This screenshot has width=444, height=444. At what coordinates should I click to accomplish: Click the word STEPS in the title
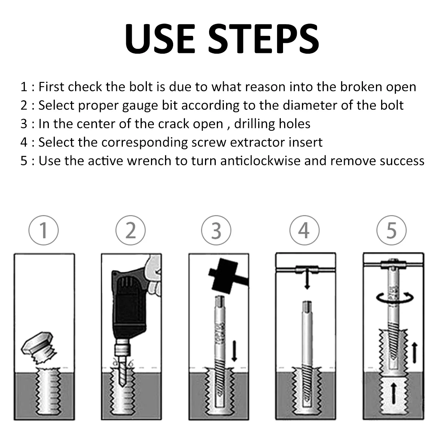point(263,38)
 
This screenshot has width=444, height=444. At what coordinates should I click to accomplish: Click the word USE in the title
point(160,38)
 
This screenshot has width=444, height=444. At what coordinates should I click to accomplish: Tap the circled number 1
point(44,230)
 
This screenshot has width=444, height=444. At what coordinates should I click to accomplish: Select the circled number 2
point(131,230)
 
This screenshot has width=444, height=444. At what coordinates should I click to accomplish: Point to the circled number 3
point(216,230)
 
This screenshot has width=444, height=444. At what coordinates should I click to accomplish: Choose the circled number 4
point(304,230)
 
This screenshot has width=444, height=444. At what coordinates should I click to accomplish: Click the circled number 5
point(391,230)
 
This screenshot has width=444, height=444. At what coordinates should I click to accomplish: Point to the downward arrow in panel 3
point(234,351)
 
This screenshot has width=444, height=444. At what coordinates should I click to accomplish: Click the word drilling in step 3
point(255,124)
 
